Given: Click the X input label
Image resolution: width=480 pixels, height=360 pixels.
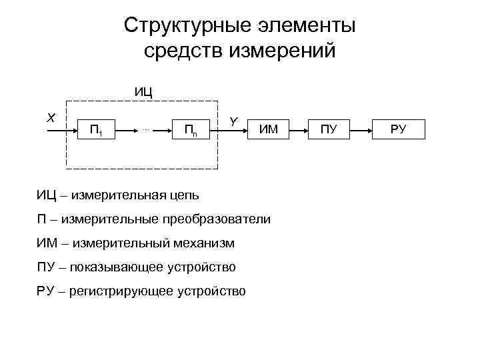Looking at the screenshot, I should point(51,117).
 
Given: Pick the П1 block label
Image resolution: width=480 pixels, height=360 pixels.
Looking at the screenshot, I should point(96,130).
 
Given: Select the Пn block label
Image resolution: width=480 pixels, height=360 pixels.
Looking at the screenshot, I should point(191,130).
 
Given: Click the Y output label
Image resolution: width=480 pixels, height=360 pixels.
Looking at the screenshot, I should point(233,121).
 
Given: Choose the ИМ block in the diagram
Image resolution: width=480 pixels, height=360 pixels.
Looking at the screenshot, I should point(269,129).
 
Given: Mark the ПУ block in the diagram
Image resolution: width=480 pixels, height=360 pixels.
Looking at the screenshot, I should point(329,129).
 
